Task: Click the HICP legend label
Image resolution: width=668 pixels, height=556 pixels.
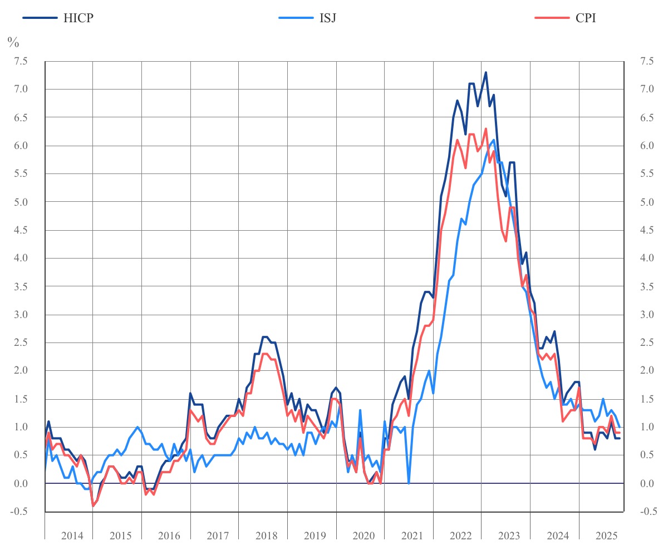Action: (78, 18)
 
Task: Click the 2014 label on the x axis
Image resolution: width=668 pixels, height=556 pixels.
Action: (72, 536)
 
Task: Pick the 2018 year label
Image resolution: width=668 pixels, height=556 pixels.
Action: (267, 536)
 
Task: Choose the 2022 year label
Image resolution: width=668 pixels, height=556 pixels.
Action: (461, 536)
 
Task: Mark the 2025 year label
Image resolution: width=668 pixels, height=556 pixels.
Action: (607, 536)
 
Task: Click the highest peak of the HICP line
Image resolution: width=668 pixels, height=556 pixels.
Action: (485, 72)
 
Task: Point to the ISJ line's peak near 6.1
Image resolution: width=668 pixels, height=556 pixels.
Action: (494, 140)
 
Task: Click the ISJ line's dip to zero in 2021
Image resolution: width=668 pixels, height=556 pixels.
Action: (409, 483)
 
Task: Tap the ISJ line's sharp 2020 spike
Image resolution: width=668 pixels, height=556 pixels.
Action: (360, 410)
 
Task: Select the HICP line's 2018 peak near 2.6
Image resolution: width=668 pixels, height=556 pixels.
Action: (265, 337)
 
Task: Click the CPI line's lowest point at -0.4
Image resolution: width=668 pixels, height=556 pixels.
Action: (93, 506)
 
